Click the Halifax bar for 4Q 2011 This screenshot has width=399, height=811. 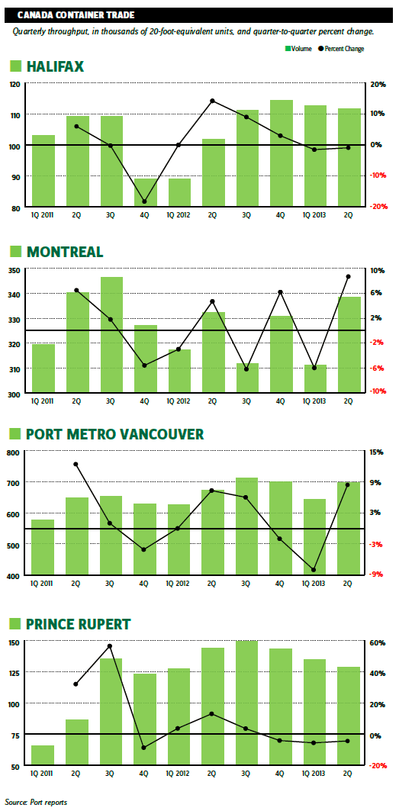coord(146,193)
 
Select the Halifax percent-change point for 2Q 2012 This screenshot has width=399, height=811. coord(211,101)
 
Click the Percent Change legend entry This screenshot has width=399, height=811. coord(341,49)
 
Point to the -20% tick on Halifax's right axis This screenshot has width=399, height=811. coord(378,206)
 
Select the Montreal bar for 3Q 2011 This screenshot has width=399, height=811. coord(111,335)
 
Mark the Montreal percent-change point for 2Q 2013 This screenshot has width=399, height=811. coord(349,277)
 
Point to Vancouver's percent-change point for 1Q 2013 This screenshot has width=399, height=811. coord(314,570)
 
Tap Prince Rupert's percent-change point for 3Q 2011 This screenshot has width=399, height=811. coord(110,646)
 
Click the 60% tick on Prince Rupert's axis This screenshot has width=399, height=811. coord(378,643)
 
